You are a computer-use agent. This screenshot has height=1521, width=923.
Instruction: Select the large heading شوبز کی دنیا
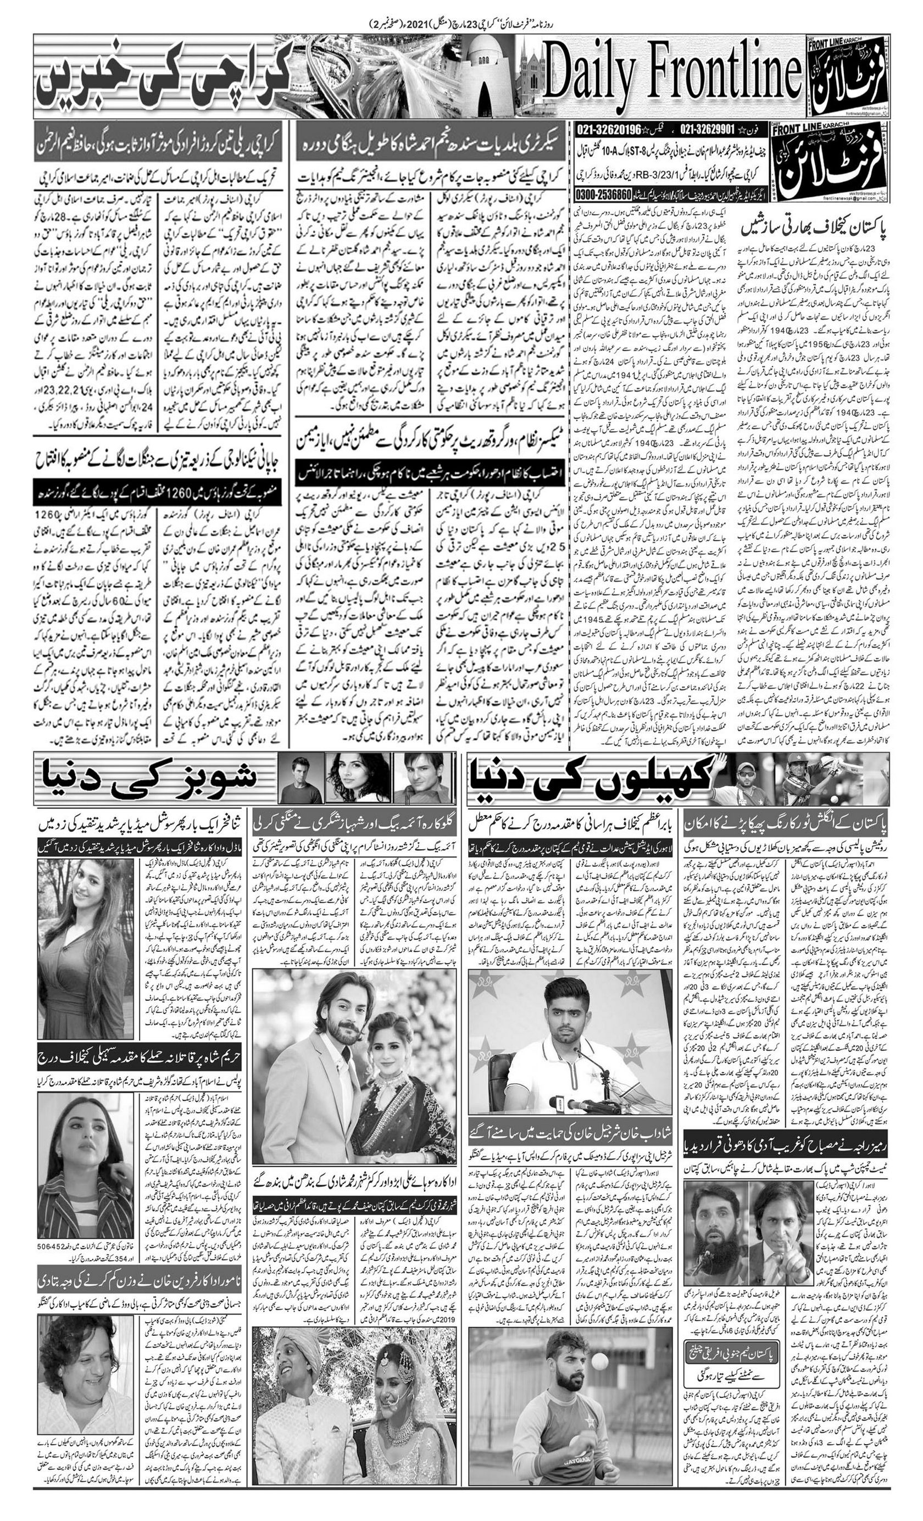point(148,779)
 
